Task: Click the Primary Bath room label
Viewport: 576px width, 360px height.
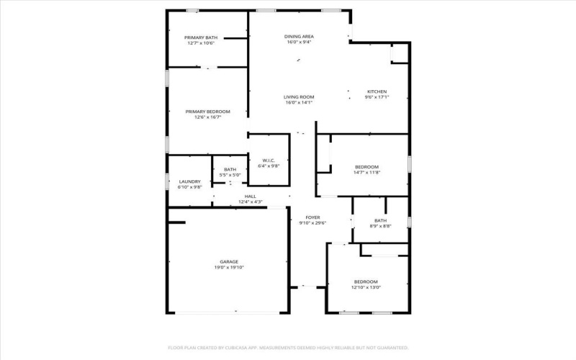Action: [202, 37]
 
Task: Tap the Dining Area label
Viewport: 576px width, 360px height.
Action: [298, 36]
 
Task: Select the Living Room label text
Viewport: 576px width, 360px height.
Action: [298, 96]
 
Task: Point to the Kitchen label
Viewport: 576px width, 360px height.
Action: [377, 91]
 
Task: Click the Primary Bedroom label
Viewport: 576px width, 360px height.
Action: [207, 112]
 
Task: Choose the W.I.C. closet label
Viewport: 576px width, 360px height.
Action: [268, 161]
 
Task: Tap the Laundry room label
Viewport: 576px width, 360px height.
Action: [189, 181]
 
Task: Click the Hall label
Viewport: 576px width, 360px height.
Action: [250, 196]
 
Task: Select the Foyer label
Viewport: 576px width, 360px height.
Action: [312, 217]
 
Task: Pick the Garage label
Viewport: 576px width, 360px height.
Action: [229, 261]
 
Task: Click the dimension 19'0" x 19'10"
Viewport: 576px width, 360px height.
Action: [229, 267]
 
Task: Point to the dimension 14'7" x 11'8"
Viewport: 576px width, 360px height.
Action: [366, 172]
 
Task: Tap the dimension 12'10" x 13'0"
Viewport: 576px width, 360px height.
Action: [366, 287]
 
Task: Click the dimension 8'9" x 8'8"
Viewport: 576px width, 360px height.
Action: [380, 226]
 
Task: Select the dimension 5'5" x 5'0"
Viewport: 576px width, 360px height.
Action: [230, 175]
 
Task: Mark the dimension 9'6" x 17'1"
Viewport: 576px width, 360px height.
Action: [377, 97]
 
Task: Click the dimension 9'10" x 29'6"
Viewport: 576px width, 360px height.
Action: [312, 222]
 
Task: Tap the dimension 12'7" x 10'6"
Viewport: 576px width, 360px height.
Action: [202, 42]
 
